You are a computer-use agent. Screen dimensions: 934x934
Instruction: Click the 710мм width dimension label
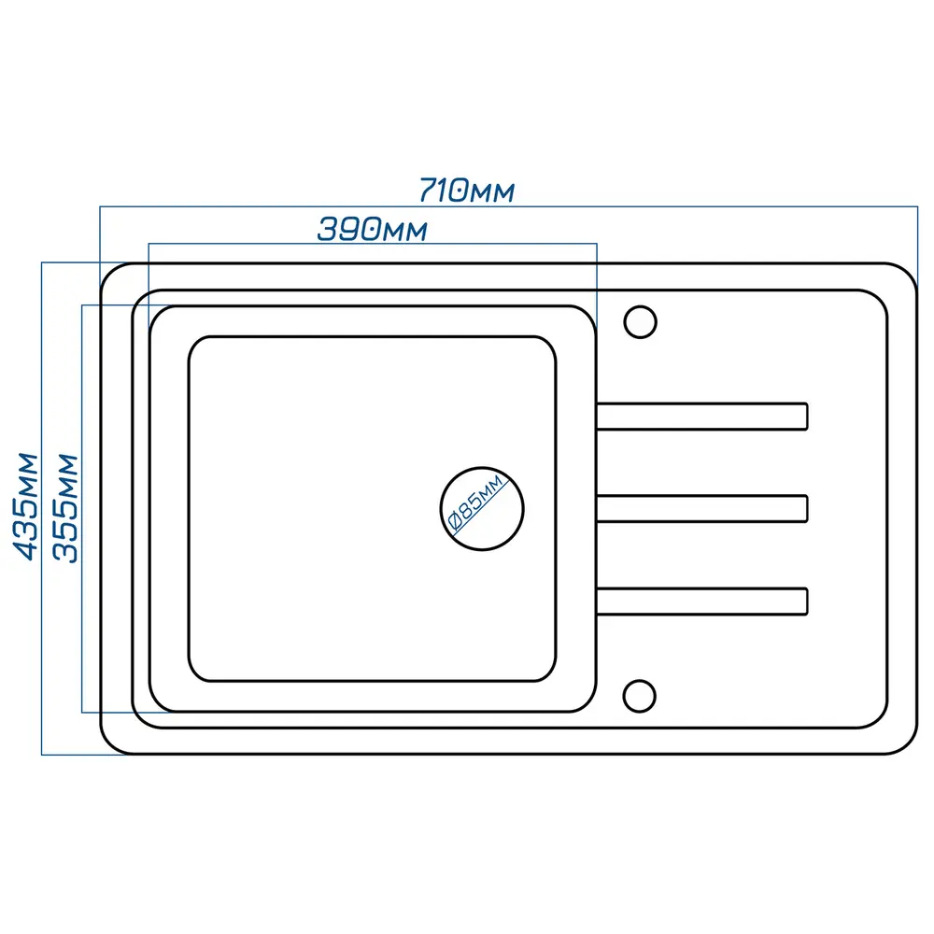[x=467, y=191]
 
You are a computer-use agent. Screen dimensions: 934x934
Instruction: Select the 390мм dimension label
[x=373, y=230]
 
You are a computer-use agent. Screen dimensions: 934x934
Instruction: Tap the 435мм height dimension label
[x=26, y=507]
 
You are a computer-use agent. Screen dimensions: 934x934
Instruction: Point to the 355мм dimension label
[x=65, y=508]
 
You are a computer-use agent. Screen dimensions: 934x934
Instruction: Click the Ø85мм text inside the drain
[x=476, y=502]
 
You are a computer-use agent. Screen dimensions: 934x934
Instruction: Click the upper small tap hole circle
[x=641, y=322]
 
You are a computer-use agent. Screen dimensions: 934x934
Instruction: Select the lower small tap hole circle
[x=639, y=696]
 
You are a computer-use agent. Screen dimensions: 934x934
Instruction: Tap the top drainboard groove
[x=701, y=417]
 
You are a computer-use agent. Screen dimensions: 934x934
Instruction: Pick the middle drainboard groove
[x=701, y=508]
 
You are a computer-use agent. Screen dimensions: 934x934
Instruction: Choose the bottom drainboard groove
[x=701, y=601]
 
